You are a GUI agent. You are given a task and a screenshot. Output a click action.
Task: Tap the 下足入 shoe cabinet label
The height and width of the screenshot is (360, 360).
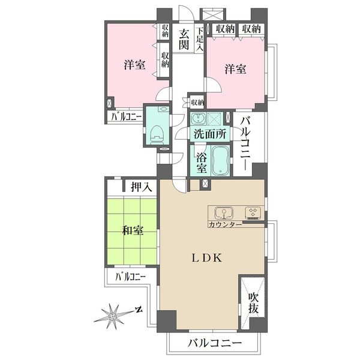pyautogui.click(x=200, y=39)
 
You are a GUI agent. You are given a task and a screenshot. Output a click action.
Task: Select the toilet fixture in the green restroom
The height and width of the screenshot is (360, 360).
pyautogui.click(x=157, y=134)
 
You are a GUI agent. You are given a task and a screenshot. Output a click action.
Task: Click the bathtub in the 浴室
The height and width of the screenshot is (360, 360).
pyautogui.click(x=221, y=161)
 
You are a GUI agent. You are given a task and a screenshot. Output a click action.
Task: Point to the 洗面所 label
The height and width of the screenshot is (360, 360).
pyautogui.click(x=210, y=134)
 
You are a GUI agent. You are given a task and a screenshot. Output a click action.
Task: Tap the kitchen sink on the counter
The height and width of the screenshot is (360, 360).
pyautogui.click(x=224, y=212)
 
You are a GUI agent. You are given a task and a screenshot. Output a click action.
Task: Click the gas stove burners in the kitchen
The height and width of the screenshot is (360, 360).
pyautogui.click(x=253, y=212)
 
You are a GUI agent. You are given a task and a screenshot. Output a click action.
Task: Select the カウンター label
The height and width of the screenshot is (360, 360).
pyautogui.click(x=225, y=224)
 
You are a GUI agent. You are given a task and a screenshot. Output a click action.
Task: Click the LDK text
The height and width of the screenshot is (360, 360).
pyautogui.click(x=206, y=259)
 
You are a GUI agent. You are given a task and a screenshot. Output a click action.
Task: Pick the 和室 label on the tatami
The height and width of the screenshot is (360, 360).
pyautogui.click(x=133, y=230)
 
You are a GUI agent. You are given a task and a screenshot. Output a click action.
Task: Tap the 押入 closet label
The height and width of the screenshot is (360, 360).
pyautogui.click(x=142, y=187)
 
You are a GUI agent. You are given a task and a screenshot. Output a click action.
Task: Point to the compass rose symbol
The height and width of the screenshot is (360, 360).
pyautogui.click(x=112, y=317)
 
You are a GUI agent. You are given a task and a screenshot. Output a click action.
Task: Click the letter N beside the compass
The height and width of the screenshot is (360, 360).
pyautogui.click(x=139, y=310)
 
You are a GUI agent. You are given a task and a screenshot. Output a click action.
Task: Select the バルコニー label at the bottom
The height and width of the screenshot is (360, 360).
pyautogui.click(x=215, y=344)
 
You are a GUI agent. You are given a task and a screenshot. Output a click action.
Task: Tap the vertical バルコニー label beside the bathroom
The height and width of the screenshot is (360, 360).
pyautogui.click(x=245, y=144)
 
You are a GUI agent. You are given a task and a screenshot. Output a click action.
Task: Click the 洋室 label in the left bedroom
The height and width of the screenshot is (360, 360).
pyautogui.click(x=134, y=65)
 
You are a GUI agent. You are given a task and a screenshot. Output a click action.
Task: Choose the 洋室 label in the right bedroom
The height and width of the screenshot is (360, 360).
pyautogui.click(x=235, y=68)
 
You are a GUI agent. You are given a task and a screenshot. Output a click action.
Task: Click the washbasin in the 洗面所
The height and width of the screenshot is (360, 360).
pyautogui.click(x=197, y=118)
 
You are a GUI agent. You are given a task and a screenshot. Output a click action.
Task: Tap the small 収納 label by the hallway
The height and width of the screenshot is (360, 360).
pyautogui.click(x=197, y=103)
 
